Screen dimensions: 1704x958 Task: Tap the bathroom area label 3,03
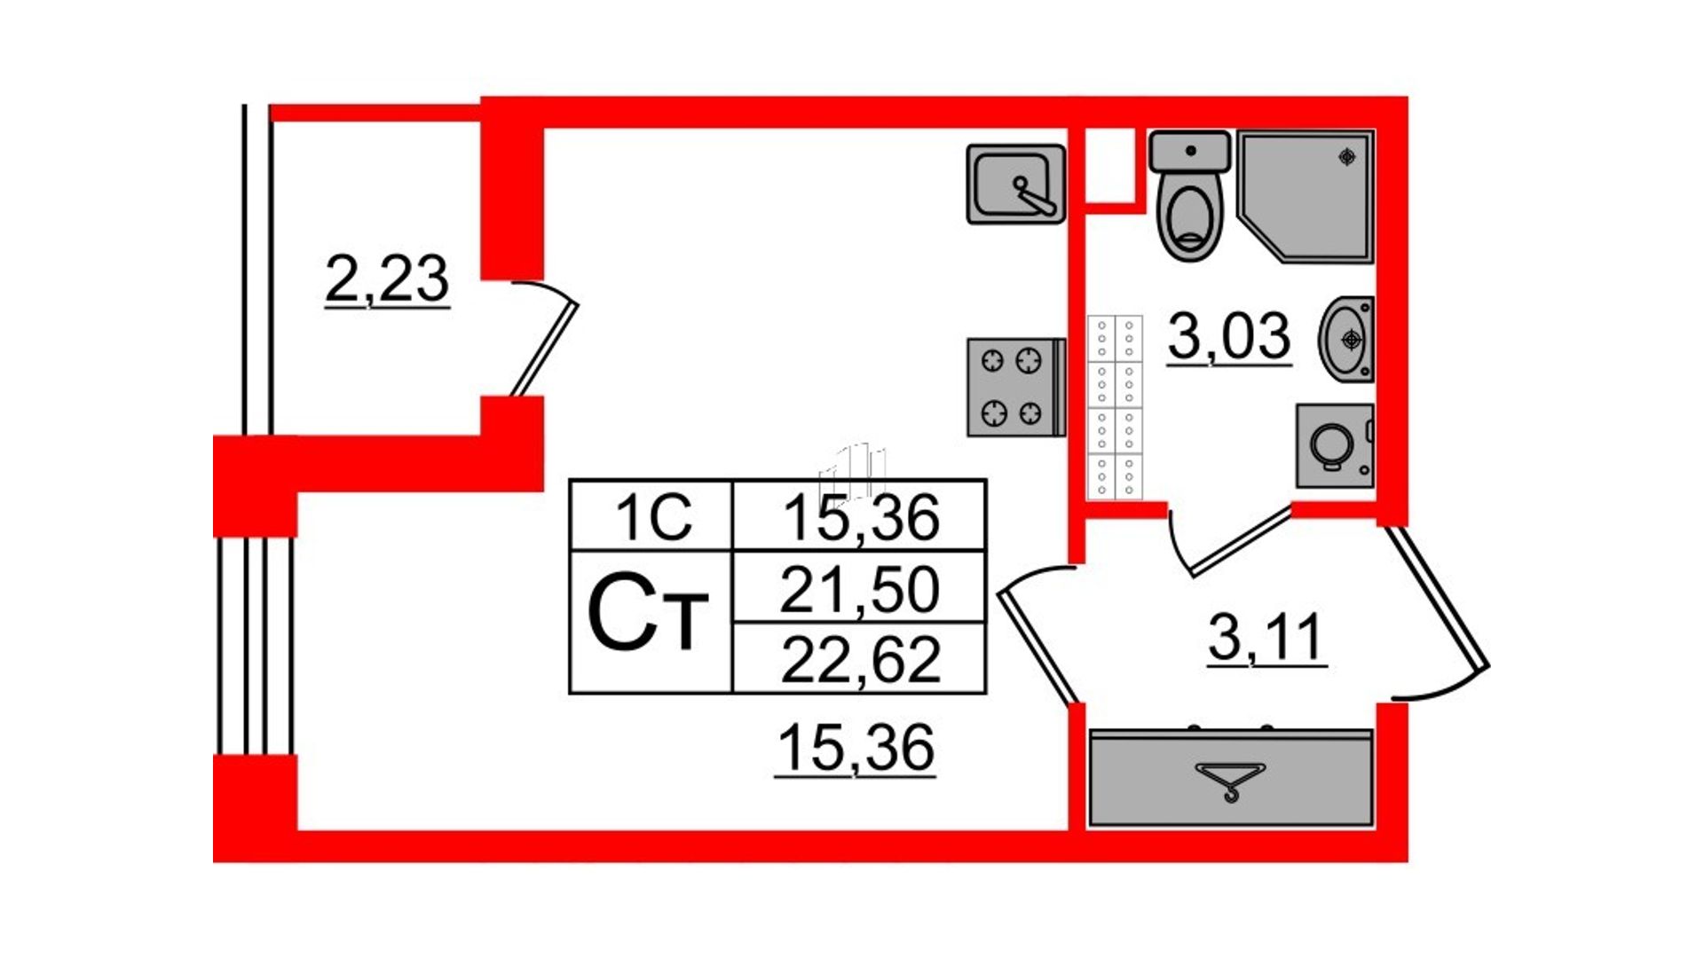click(1228, 337)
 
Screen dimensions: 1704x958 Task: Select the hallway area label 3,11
click(1267, 637)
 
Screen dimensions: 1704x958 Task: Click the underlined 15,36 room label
click(856, 749)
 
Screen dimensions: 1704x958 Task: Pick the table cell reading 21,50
click(859, 588)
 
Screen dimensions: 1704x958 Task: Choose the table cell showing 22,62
click(859, 658)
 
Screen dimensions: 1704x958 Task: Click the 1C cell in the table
click(651, 516)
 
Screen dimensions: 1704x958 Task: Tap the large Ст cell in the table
click(651, 621)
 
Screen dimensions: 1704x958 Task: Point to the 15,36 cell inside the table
click(859, 516)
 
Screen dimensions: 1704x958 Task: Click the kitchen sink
click(1016, 185)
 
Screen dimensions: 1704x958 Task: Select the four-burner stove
click(1016, 387)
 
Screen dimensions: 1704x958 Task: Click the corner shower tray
click(1306, 196)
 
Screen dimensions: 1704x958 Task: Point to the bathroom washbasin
click(1346, 340)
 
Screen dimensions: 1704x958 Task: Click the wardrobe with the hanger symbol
click(1231, 777)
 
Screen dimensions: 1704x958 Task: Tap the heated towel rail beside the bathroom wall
click(1116, 406)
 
